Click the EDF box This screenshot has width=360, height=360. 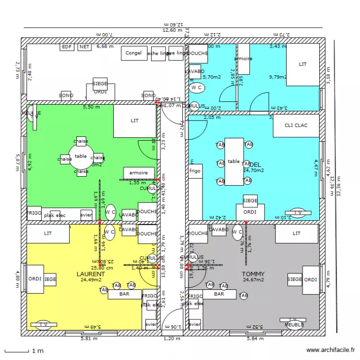[x=66, y=47]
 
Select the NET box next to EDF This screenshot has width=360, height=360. [x=84, y=47]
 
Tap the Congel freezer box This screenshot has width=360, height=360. [x=133, y=53]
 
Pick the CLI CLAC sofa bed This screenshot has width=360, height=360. [x=296, y=126]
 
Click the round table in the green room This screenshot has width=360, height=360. [x=81, y=156]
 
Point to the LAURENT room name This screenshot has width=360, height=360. [x=91, y=274]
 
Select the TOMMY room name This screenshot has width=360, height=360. [x=253, y=274]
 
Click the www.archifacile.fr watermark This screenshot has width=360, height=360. [x=331, y=351]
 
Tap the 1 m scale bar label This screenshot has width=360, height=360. [x=38, y=351]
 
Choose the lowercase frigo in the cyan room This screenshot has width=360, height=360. [x=195, y=171]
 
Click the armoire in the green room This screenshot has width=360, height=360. [x=139, y=173]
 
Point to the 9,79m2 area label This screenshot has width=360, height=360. [x=277, y=77]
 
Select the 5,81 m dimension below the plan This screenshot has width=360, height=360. [x=88, y=338]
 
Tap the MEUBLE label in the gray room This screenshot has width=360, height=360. [x=294, y=325]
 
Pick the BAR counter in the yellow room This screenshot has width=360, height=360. [x=124, y=294]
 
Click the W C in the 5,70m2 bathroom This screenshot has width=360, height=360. [x=196, y=87]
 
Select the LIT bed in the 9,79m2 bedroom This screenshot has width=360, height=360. [x=302, y=64]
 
